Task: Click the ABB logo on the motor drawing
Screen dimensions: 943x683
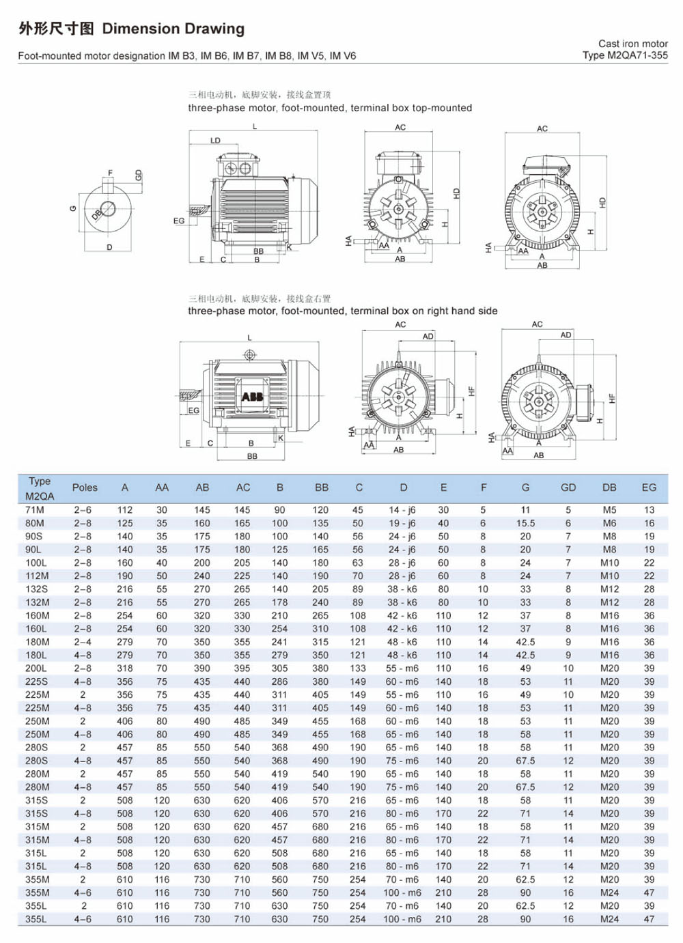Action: [x=252, y=396]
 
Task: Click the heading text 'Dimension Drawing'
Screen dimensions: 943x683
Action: [x=173, y=29]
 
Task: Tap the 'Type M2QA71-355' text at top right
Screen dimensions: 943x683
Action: [x=625, y=55]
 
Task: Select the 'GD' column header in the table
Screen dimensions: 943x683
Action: [x=568, y=488]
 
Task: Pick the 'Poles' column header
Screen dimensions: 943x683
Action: [x=85, y=488]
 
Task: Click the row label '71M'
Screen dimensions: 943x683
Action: [x=35, y=510]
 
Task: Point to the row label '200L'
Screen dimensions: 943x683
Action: [x=36, y=668]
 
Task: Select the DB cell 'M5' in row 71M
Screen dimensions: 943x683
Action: [x=609, y=510]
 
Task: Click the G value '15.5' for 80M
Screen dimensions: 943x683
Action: [x=525, y=523]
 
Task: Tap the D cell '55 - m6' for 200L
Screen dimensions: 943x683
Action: [x=402, y=668]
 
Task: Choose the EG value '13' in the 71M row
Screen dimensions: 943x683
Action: [x=649, y=510]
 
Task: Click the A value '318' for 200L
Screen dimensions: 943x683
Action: [x=124, y=668]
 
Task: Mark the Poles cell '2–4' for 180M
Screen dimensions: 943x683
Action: [x=83, y=642]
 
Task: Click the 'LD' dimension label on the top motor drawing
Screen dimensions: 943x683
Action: [x=215, y=141]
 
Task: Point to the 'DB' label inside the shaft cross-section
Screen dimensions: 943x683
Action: [x=97, y=214]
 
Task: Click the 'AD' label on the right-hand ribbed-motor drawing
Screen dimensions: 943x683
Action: [x=566, y=335]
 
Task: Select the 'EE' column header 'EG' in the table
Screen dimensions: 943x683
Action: [x=649, y=488]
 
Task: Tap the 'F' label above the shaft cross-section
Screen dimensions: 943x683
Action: [x=110, y=173]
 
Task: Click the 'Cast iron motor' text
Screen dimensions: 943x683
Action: [x=633, y=44]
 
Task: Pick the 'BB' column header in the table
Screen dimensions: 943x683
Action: [x=322, y=488]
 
